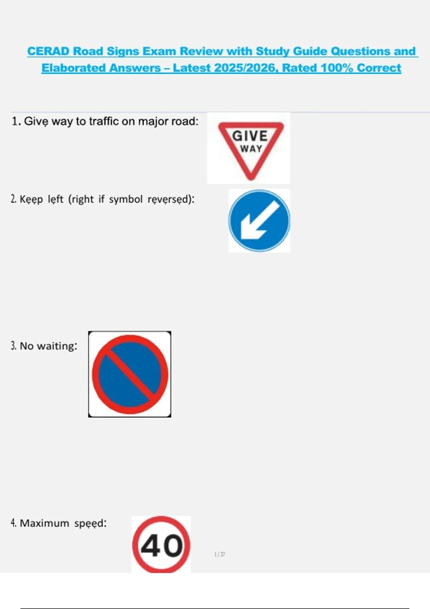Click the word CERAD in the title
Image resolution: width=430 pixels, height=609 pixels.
[x=48, y=51]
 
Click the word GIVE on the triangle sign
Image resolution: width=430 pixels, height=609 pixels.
[x=250, y=136]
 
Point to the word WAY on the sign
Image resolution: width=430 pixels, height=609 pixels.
[x=251, y=149]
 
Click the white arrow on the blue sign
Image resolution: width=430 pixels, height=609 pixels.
[x=260, y=220]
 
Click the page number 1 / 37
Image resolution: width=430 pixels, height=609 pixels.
[x=220, y=554]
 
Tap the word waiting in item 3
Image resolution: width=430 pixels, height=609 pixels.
[x=57, y=346]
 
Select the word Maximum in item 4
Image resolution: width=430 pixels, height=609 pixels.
[x=44, y=523]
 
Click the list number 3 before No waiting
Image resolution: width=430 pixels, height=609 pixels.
[x=13, y=346]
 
